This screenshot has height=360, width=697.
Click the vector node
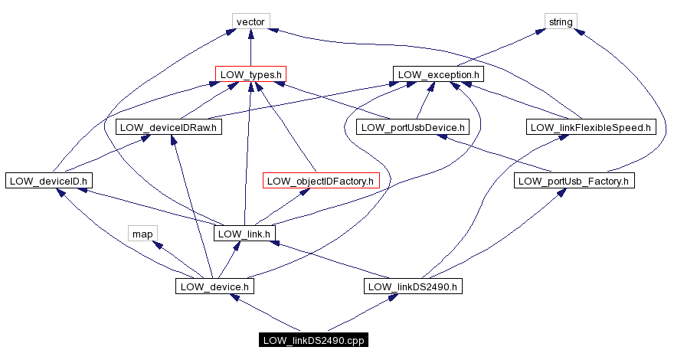pyautogui.click(x=250, y=21)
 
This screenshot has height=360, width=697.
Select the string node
pyautogui.click(x=561, y=21)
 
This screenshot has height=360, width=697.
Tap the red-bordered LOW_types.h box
pyautogui.click(x=251, y=74)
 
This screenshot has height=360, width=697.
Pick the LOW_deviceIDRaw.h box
pyautogui.click(x=169, y=127)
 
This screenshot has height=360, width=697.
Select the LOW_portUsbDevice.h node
pyautogui.click(x=412, y=127)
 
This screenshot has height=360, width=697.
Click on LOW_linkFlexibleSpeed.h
pyautogui.click(x=592, y=127)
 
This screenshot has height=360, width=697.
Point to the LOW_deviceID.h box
pyautogui.click(x=48, y=181)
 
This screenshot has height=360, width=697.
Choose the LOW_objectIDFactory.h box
pyautogui.click(x=321, y=181)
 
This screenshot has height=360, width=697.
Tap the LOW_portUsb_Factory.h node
pyautogui.click(x=574, y=181)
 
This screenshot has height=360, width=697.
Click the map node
pyautogui.click(x=142, y=234)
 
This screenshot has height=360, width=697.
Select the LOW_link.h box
pyautogui.click(x=244, y=234)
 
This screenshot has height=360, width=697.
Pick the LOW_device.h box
pyautogui.click(x=214, y=286)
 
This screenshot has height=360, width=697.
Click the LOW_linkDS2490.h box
pyautogui.click(x=413, y=286)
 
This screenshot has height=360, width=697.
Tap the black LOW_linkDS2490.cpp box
pyautogui.click(x=313, y=340)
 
